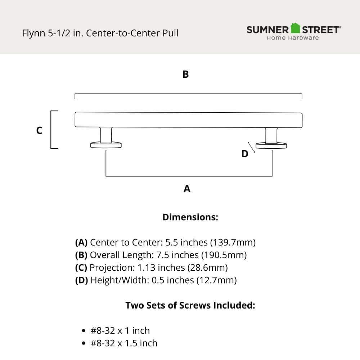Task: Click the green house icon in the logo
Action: coord(295,28)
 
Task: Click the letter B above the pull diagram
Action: coord(185,75)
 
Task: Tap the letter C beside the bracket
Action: coord(39,130)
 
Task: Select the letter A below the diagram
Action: coord(187,189)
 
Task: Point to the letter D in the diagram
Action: coord(245,154)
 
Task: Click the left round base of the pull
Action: coord(105,145)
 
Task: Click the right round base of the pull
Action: coord(271,145)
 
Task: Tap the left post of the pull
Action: coord(106,135)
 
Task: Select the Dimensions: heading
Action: coord(190,217)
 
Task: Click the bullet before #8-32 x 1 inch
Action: coord(84,331)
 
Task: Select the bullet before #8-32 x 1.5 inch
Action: coord(84,343)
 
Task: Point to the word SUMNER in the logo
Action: coord(267,30)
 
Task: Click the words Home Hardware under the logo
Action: coord(293,38)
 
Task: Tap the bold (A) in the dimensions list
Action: coord(81,242)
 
